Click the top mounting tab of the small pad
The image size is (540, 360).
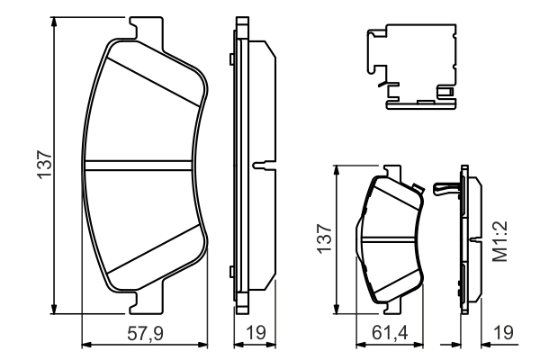(392, 170)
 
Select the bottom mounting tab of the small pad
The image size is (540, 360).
(392, 305)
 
